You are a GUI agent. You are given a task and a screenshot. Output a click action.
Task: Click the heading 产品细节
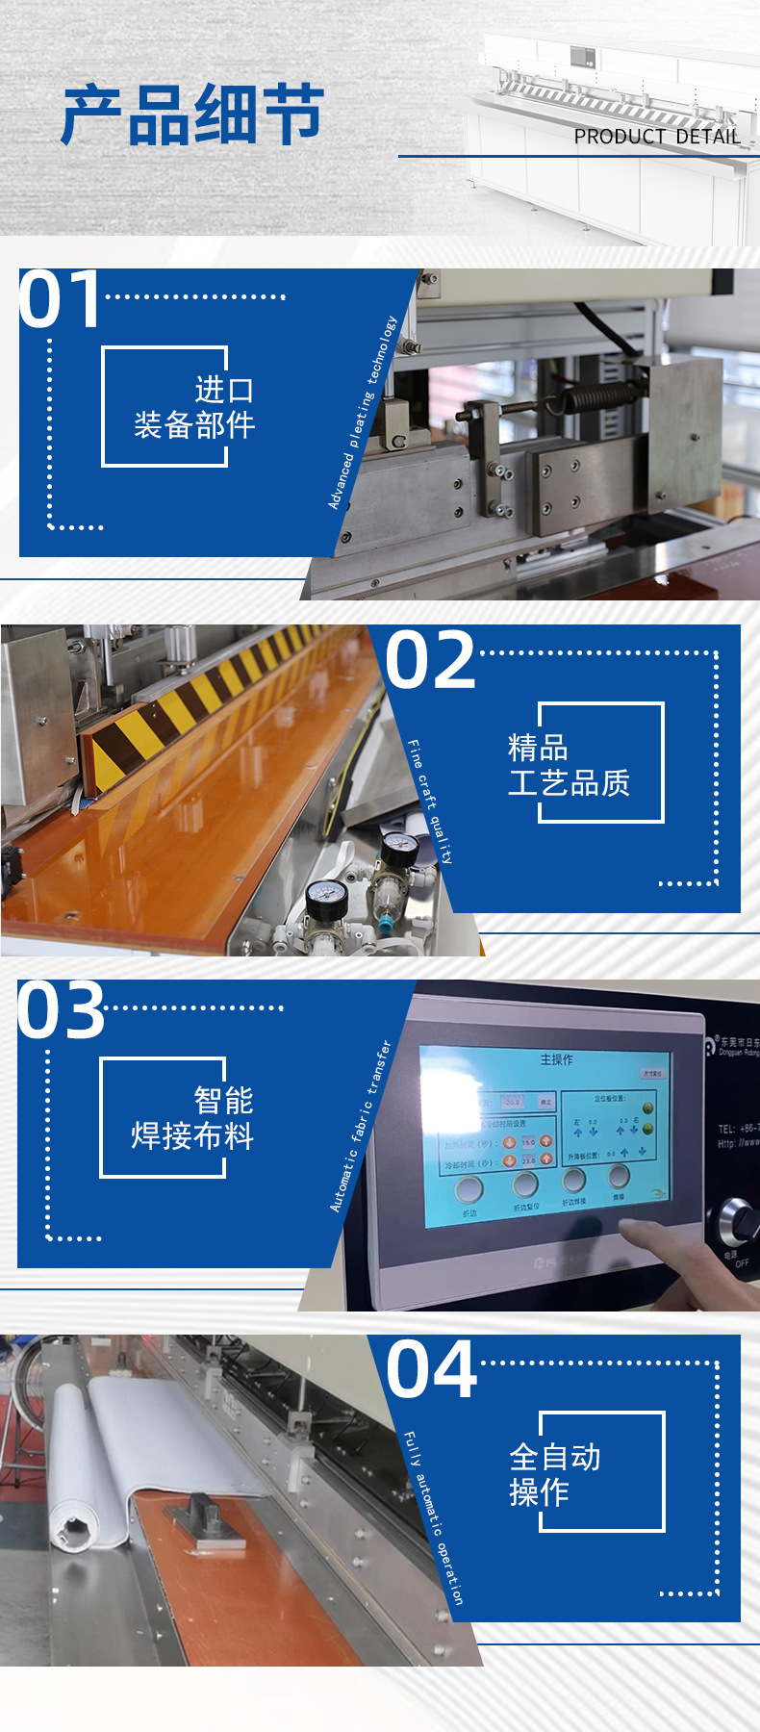(192, 115)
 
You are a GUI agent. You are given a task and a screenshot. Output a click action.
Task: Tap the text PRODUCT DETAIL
(657, 137)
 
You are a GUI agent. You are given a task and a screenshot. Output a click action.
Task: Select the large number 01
(60, 299)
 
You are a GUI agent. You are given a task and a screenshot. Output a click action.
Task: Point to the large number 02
(430, 660)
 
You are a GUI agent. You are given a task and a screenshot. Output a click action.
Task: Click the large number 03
(61, 1010)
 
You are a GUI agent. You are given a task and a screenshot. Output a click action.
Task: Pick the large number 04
(431, 1370)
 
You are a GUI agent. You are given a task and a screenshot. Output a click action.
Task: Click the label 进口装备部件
(194, 407)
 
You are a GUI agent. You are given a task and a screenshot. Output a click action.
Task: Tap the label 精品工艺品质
(569, 764)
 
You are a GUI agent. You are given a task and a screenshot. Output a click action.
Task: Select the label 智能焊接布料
(192, 1117)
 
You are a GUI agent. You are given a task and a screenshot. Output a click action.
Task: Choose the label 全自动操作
(554, 1474)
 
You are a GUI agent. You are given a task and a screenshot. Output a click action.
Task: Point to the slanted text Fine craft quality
(430, 802)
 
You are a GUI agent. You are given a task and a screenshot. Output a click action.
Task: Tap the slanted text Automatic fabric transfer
(361, 1126)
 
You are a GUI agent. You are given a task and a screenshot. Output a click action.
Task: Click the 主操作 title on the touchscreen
(556, 1059)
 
